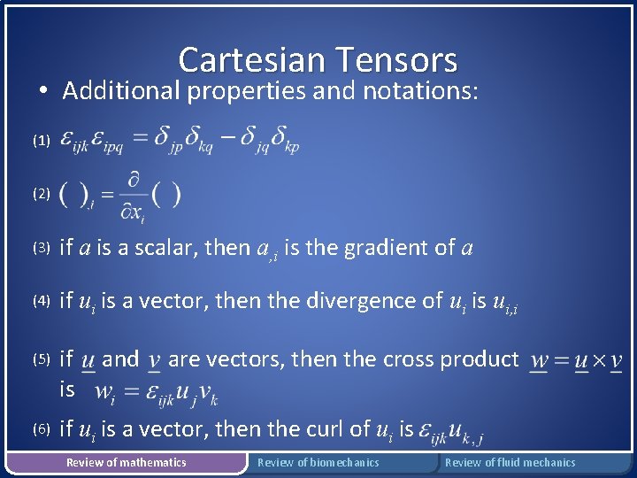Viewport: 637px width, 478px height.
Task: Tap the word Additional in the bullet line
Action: pos(121,90)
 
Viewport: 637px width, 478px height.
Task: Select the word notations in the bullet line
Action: pos(416,90)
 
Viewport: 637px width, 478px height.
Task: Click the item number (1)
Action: pos(41,141)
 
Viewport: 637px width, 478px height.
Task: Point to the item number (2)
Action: pos(41,194)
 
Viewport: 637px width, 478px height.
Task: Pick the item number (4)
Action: pos(41,301)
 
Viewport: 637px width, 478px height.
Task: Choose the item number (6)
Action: pos(41,429)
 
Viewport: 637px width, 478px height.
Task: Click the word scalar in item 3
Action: pos(169,248)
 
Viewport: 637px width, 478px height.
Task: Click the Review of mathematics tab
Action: pos(127,462)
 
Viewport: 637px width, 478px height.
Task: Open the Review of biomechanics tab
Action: pos(318,462)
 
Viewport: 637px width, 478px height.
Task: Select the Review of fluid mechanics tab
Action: pos(510,462)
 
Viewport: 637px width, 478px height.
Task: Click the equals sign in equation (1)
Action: pos(140,138)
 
